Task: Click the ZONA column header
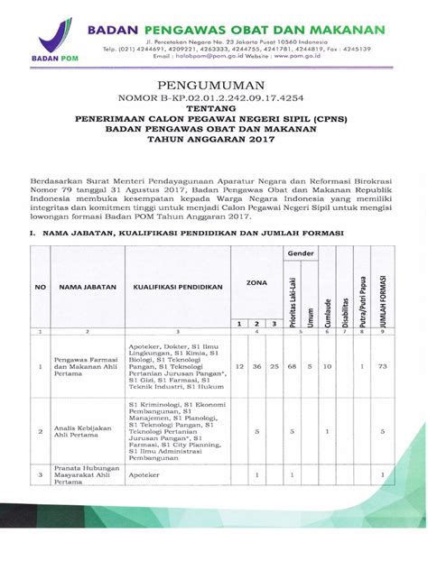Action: click(256, 282)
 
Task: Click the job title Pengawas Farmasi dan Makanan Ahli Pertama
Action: click(86, 367)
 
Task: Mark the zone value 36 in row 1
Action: click(257, 367)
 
